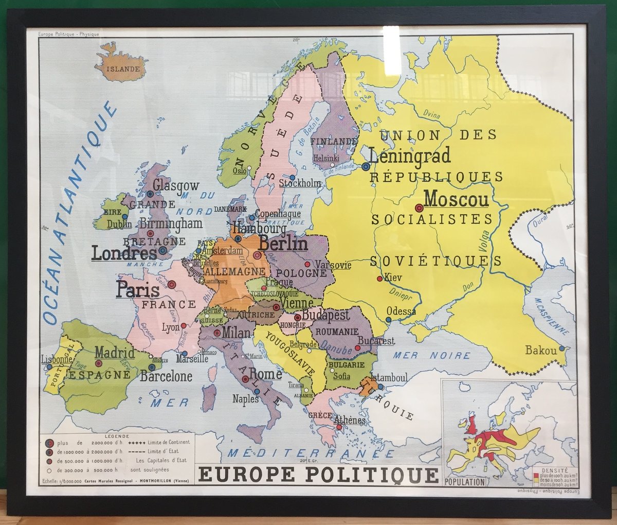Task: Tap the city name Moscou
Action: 456,199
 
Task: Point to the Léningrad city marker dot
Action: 366,166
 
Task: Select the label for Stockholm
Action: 300,183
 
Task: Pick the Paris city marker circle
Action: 172,284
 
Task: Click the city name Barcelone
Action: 166,376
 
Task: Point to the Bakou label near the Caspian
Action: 540,351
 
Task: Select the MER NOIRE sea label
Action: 431,355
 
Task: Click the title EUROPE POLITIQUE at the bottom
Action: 317,475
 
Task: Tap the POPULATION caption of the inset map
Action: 465,482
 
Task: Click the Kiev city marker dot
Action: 379,278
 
